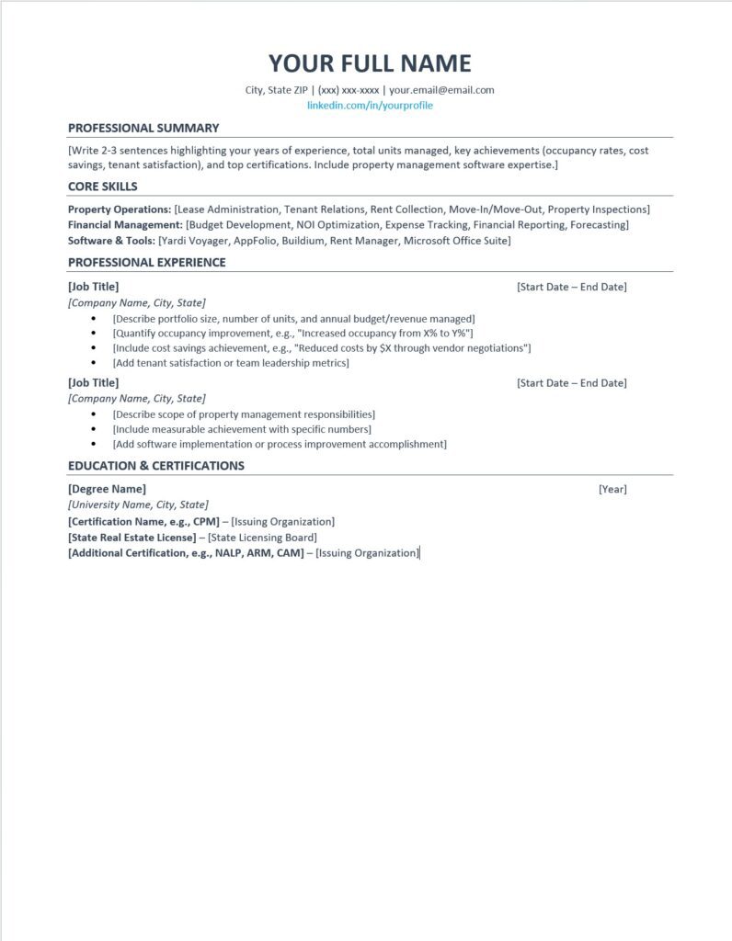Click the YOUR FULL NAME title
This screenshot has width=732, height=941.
point(370,63)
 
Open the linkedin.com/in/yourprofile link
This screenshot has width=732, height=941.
point(370,106)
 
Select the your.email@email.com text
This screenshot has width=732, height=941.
point(441,90)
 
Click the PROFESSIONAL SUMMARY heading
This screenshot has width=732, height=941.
point(143,128)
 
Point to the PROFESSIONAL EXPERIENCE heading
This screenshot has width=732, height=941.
point(147,263)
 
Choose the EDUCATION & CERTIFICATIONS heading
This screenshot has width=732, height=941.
point(156,466)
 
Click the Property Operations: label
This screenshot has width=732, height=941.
point(120,210)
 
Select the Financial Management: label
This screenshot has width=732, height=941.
point(125,225)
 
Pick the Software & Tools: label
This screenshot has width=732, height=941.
point(111,241)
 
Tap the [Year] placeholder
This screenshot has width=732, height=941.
point(612,489)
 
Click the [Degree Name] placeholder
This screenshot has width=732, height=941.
point(107,489)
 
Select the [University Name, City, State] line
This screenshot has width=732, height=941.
point(138,505)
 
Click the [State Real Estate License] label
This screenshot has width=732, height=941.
point(132,538)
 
